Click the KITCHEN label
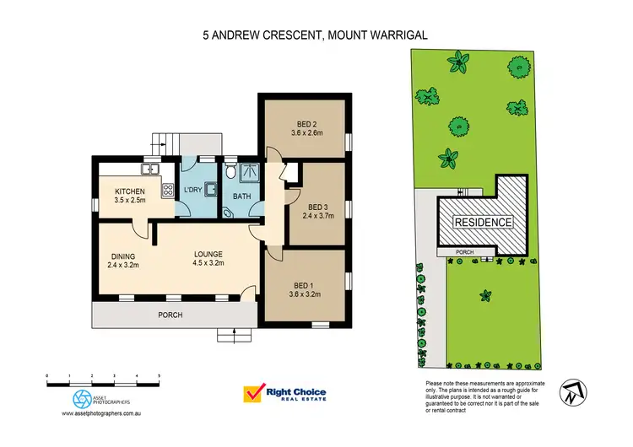tap(130, 191)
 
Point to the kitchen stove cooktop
tap(167, 190)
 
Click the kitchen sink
tap(153, 169)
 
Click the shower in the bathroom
tap(249, 173)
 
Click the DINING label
tap(122, 256)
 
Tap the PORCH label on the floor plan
tap(170, 315)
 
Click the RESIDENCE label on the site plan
tap(484, 223)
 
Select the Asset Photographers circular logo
tap(83, 398)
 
